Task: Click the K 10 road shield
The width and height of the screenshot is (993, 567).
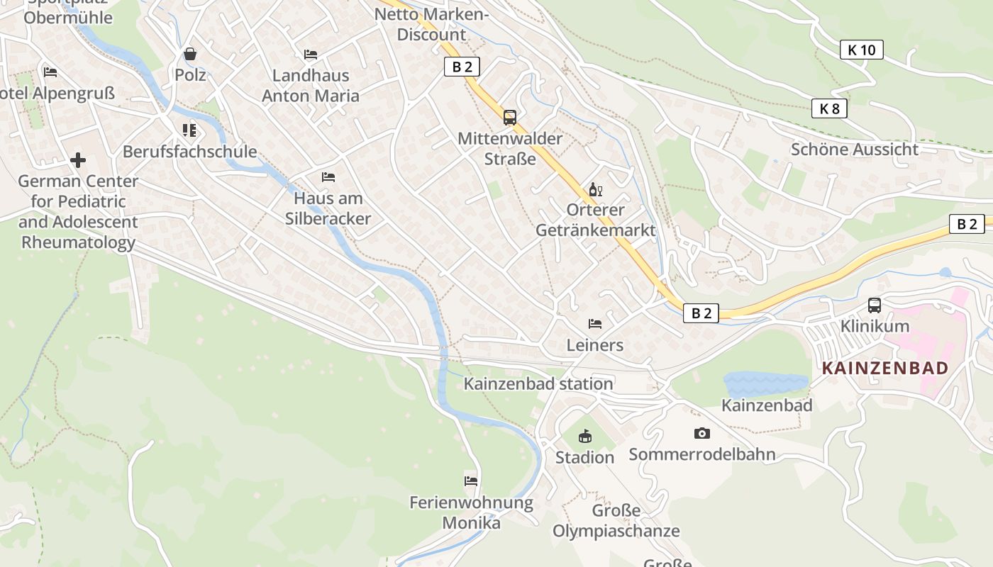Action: pos(862,50)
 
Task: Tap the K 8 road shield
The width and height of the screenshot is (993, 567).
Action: pos(829,108)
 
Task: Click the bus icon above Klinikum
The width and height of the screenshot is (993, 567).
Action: pos(875,305)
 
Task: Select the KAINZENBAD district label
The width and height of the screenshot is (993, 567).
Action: pos(884,368)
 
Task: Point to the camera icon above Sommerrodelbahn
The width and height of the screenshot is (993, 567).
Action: pos(701,433)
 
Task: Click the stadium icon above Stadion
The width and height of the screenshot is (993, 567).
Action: pos(584,436)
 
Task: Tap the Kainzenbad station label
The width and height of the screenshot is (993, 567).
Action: pos(538,384)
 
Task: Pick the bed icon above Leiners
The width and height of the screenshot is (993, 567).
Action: pos(595,324)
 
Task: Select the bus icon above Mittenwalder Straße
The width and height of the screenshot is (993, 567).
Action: pos(509,117)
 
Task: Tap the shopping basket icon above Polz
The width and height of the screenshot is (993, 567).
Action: pos(190,54)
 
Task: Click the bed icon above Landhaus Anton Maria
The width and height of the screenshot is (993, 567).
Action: pos(311,55)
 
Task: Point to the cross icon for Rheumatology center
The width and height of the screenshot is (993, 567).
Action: pos(78,160)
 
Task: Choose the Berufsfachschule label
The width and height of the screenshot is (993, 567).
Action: pos(189,152)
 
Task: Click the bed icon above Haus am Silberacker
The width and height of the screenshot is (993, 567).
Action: pos(328,177)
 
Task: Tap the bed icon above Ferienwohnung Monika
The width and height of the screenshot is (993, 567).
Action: pos(471,481)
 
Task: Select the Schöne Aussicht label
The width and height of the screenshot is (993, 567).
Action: pos(854,150)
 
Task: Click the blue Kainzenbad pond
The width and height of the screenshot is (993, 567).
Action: pos(765,383)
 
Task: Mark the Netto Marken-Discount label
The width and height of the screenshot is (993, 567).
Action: pos(431,24)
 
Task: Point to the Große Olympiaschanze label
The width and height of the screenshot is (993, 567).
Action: pos(616,521)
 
